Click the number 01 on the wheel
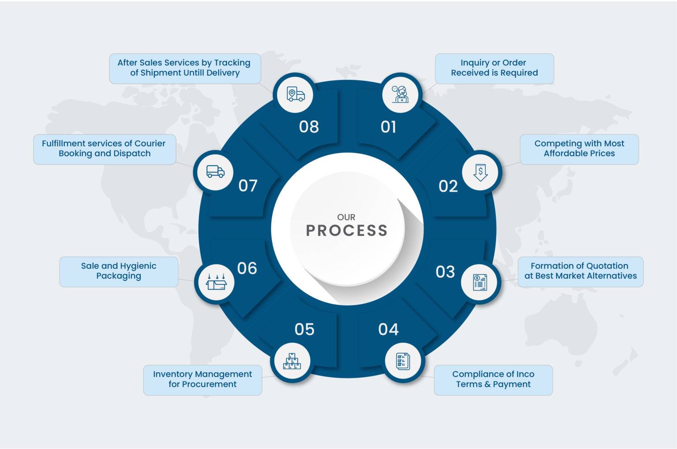[388, 127]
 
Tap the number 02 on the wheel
[448, 186]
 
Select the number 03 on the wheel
[445, 272]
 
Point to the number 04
[388, 329]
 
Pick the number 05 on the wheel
[304, 329]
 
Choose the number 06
[247, 268]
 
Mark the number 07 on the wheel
[248, 186]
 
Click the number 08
[309, 127]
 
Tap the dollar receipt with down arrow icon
[480, 172]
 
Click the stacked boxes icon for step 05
[292, 361]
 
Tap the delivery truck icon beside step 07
[215, 171]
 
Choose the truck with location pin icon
[295, 94]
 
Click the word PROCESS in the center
[346, 230]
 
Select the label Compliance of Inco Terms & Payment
[493, 379]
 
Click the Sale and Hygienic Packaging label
[119, 271]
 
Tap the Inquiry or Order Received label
[494, 68]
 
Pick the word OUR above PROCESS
[346, 217]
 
